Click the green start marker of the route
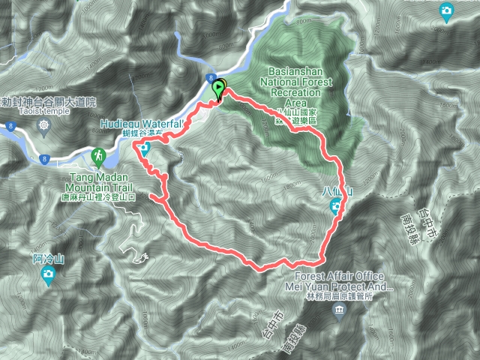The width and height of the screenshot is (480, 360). (219, 88)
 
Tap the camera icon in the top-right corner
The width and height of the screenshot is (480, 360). (447, 10)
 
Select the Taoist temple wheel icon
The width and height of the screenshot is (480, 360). (45, 124)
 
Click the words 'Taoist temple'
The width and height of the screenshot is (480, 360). (45, 110)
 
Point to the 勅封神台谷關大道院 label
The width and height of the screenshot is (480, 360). (49, 100)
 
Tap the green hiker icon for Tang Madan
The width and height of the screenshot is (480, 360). (97, 156)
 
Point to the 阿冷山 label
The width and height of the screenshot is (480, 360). (47, 259)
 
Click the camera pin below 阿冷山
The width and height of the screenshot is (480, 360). (48, 275)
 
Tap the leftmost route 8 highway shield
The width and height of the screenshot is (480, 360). (10, 127)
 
